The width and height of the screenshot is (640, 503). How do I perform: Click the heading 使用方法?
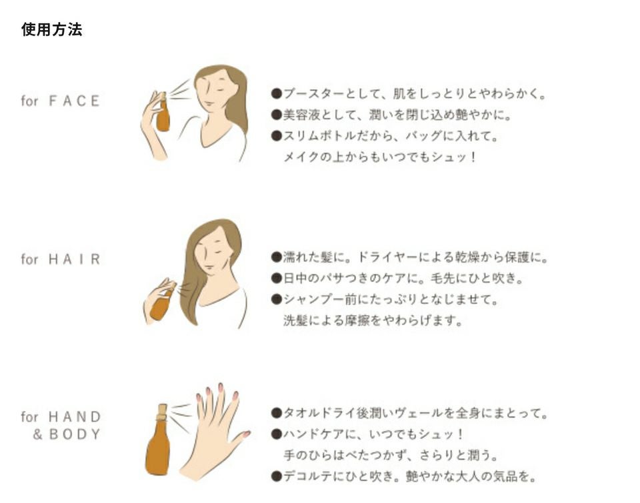[x=52, y=29]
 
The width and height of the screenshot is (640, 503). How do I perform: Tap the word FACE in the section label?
[x=74, y=101]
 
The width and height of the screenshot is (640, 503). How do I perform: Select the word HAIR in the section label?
[x=74, y=259]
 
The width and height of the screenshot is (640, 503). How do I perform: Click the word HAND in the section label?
[x=74, y=417]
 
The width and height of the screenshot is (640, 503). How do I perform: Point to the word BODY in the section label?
[x=74, y=434]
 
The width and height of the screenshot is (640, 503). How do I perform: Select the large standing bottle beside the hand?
[x=159, y=440]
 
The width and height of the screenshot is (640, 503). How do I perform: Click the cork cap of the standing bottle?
[x=163, y=409]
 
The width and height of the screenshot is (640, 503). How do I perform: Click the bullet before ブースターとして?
[x=277, y=94]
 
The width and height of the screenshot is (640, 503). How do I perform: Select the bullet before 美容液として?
[x=277, y=115]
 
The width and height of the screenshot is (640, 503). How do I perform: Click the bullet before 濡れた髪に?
[x=277, y=257]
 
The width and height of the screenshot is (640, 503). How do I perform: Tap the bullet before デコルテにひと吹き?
[x=277, y=476]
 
